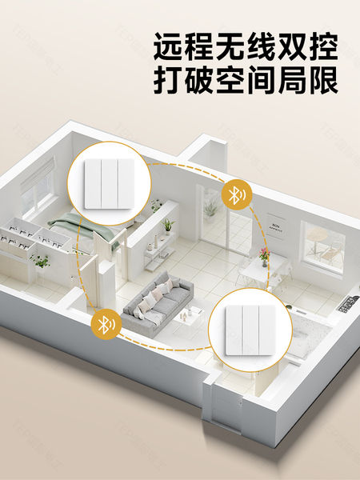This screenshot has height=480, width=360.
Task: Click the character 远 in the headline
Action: [x=168, y=46]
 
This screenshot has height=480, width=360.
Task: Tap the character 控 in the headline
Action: [x=323, y=46]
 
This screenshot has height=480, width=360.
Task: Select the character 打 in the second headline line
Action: [x=168, y=79]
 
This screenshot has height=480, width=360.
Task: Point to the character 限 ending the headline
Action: [x=323, y=79]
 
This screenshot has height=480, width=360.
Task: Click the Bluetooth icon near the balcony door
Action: [x=236, y=195]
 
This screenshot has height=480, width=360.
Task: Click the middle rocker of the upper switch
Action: [x=110, y=184]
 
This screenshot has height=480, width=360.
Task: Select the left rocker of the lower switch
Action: [x=234, y=330]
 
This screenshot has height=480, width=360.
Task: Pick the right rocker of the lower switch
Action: [x=267, y=330]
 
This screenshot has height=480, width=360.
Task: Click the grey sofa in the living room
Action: [x=157, y=302]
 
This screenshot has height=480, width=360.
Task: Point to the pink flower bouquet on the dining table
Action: [x=264, y=254]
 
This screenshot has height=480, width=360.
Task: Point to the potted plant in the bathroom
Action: [x=41, y=262]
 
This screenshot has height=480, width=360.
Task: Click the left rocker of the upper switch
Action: [x=93, y=184]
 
